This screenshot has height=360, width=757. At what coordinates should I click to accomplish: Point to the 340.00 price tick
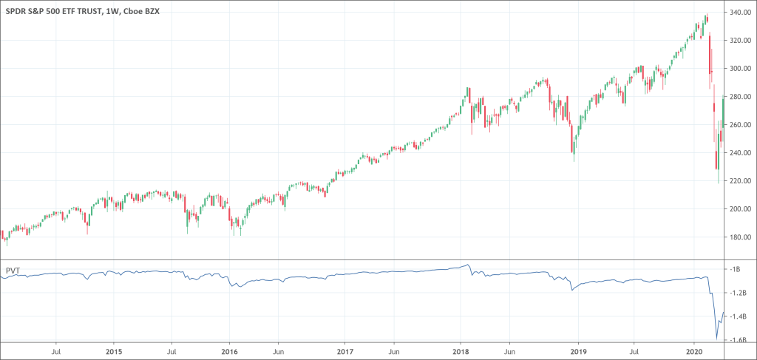[x=741, y=13]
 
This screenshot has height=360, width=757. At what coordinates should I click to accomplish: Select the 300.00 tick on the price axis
[x=741, y=69]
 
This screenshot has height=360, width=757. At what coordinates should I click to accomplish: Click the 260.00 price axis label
[x=741, y=125]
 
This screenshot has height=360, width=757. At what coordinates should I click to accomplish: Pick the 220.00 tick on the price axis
[x=741, y=181]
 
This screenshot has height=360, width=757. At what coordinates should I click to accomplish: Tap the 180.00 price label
[x=741, y=237]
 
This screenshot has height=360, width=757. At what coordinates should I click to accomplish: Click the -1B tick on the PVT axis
[x=736, y=269]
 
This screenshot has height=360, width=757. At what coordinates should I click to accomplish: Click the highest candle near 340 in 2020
[x=706, y=18]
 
